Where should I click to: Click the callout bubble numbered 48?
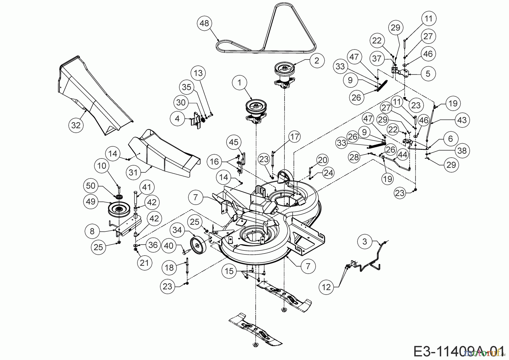[x=204, y=23]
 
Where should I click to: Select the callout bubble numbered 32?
[x=76, y=125]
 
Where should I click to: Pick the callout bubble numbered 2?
[x=316, y=60]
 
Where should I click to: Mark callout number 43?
[x=462, y=120]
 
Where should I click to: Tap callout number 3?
[x=365, y=241]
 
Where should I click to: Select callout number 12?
[x=326, y=287]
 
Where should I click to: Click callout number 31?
[x=133, y=172]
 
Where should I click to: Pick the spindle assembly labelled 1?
[x=256, y=110]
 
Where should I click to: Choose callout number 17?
[x=295, y=137]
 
